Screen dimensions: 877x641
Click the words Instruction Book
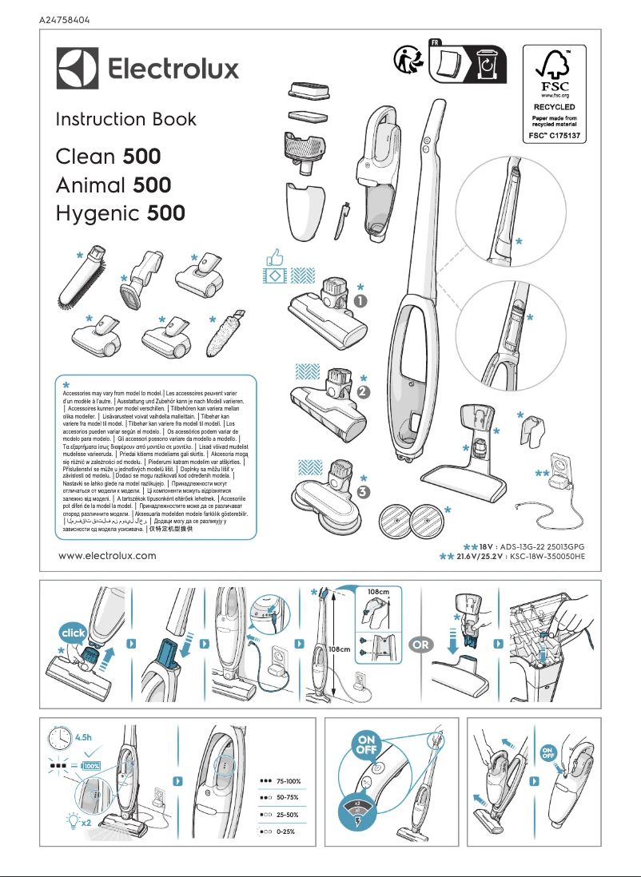125,120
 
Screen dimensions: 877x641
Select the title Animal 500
113,185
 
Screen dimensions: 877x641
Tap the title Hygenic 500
120,213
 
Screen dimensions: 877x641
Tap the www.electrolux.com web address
108,555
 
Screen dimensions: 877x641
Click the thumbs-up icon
276,257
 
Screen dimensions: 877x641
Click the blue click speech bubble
72,633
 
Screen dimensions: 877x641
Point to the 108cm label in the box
378,592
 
